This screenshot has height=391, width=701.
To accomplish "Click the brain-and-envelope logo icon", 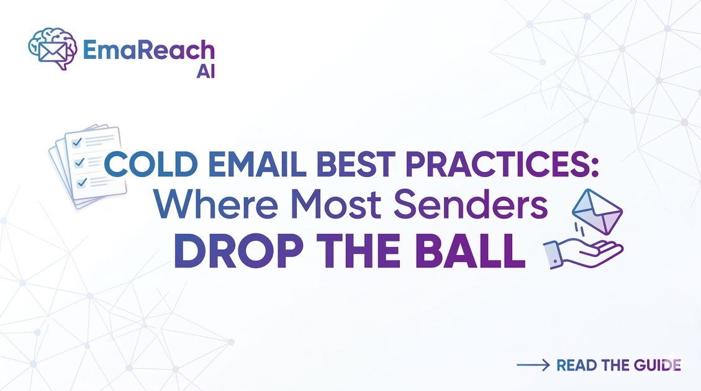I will pyautogui.click(x=52, y=48).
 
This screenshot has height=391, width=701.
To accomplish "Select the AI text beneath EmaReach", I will pyautogui.click(x=205, y=71).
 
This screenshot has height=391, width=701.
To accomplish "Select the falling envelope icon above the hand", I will pyautogui.click(x=595, y=212).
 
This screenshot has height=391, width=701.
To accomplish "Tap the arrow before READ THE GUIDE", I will pyautogui.click(x=533, y=365).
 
